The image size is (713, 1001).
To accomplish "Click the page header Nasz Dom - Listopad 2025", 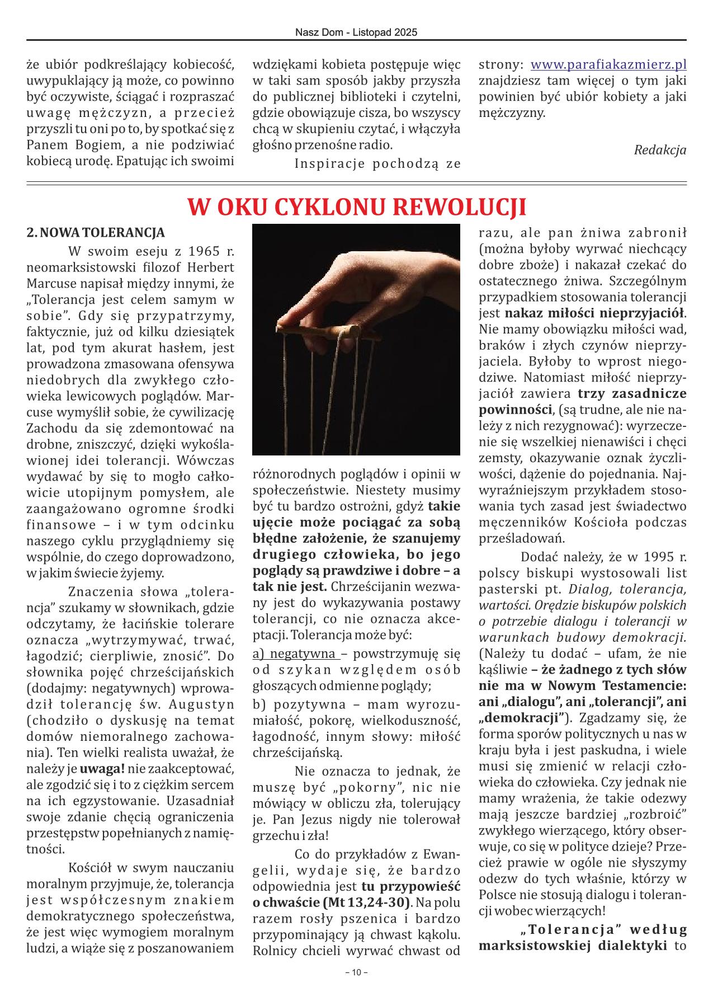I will [356, 33].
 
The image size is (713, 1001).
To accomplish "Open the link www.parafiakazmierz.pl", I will [608, 65].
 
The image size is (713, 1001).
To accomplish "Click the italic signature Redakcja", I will [660, 150].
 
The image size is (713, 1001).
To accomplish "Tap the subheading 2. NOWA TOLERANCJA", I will [96, 233].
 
